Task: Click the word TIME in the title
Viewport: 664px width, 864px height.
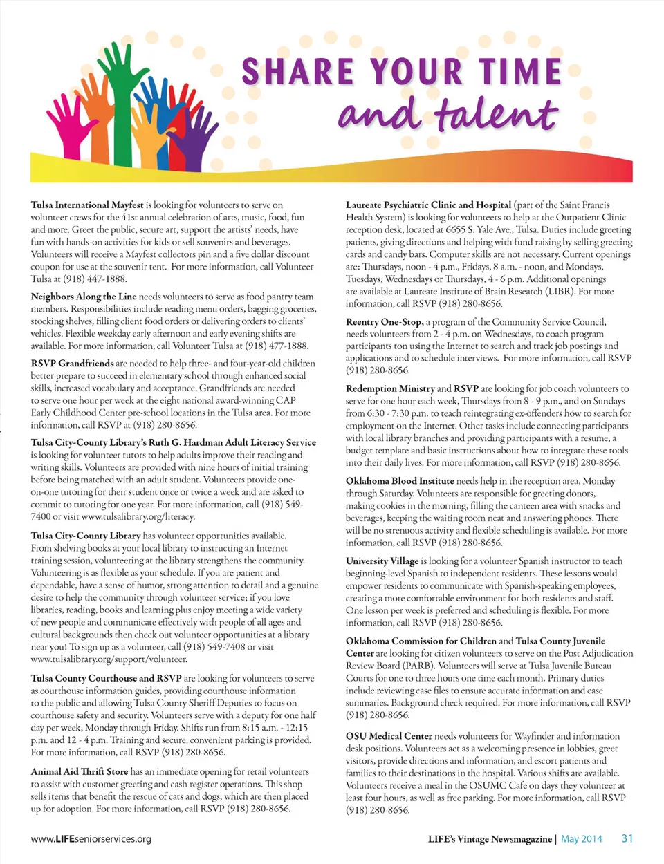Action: [521, 72]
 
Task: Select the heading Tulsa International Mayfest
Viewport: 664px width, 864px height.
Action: [87, 205]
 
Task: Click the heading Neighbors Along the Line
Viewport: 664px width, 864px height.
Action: [84, 296]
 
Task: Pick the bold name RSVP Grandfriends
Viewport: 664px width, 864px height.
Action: [72, 363]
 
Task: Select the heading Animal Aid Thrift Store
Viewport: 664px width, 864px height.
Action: [80, 771]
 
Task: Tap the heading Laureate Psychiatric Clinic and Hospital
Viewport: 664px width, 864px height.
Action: [428, 205]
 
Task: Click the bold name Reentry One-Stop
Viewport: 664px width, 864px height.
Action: [384, 321]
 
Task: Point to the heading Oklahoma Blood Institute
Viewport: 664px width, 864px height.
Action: [400, 480]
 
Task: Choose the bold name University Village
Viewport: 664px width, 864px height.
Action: [382, 561]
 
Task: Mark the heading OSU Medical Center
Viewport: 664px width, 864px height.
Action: [389, 736]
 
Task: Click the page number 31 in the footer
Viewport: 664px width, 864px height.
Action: [627, 838]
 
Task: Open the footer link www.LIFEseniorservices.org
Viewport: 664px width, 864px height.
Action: [91, 839]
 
